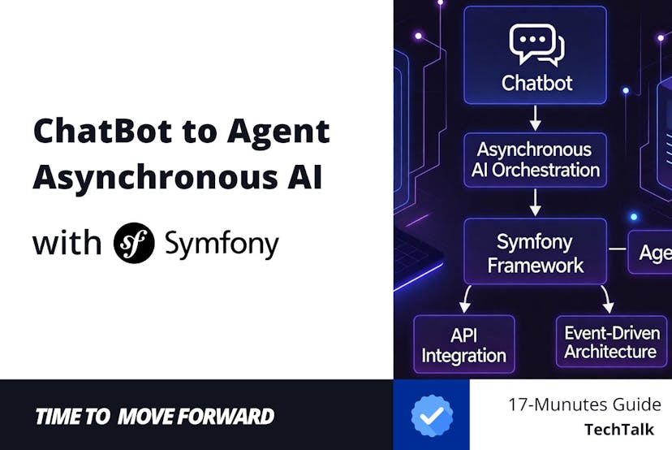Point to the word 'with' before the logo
tap(67, 242)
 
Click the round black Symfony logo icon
tap(134, 242)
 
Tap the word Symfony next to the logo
tap(221, 243)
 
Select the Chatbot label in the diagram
tap(536, 83)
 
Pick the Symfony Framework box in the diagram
tap(535, 253)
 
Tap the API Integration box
tap(464, 344)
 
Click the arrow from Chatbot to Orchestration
tap(536, 119)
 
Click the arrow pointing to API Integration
tap(467, 299)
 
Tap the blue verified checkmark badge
tap(432, 415)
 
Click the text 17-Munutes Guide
tap(584, 404)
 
